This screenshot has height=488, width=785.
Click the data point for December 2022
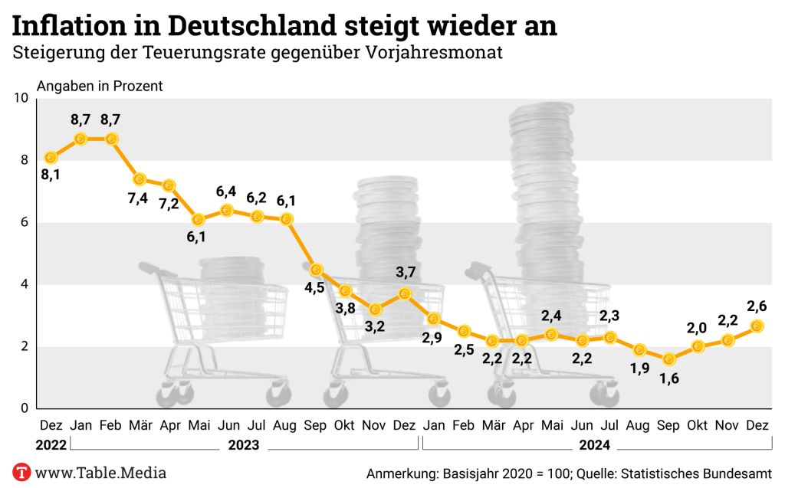(51, 157)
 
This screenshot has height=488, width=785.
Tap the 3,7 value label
(405, 271)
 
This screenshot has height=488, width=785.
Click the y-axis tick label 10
(21, 98)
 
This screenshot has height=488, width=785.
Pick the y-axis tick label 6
(25, 222)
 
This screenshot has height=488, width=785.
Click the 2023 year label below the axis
(242, 445)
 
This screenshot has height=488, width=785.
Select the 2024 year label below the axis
(594, 445)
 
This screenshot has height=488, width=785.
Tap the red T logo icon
(21, 472)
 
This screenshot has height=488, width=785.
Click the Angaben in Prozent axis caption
(100, 86)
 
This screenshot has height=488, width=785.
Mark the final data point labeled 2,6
(757, 326)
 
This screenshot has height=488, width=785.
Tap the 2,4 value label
(551, 315)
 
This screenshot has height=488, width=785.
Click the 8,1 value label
(51, 175)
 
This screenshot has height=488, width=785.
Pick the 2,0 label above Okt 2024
(697, 328)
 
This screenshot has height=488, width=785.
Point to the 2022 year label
(51, 445)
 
